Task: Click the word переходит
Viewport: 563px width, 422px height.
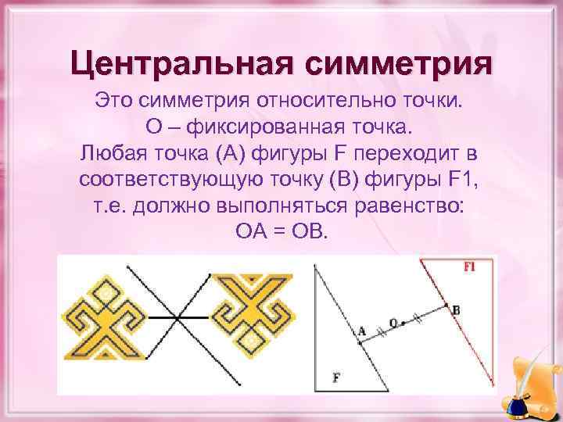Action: coord(407,152)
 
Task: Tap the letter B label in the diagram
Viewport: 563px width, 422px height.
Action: coord(456,309)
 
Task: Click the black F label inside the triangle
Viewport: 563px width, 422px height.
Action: coord(336,377)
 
